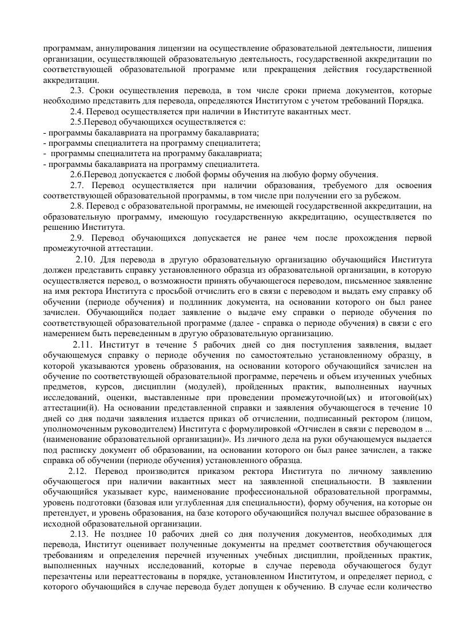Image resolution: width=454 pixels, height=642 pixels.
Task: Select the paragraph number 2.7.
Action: (x=78, y=185)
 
